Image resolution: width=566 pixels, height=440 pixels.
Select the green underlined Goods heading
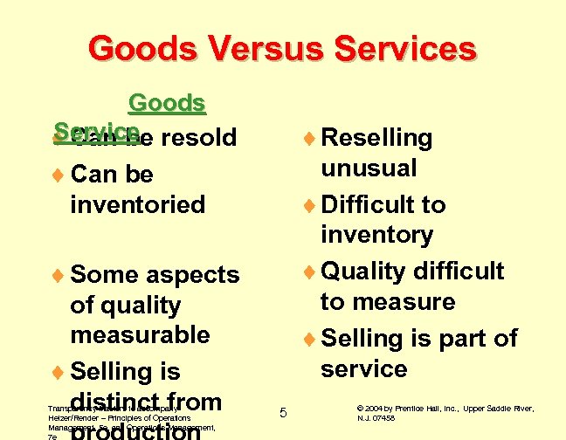coord(166,103)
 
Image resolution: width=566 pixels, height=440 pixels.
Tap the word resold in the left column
coord(204,138)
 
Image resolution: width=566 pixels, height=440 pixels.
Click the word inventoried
coord(137,205)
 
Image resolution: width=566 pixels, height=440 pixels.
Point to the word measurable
coord(140,335)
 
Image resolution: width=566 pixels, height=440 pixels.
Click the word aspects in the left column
coord(193,275)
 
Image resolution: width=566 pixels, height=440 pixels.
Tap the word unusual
coord(369,168)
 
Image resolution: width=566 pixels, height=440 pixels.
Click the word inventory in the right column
coord(376,235)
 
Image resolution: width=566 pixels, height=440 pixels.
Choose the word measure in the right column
coord(388,302)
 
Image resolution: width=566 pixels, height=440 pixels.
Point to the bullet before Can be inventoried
coord(59,175)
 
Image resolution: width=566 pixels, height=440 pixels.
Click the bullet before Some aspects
coord(59,275)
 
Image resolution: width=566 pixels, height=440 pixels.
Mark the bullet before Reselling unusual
coord(308,138)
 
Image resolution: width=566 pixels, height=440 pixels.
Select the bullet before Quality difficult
coord(308,272)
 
